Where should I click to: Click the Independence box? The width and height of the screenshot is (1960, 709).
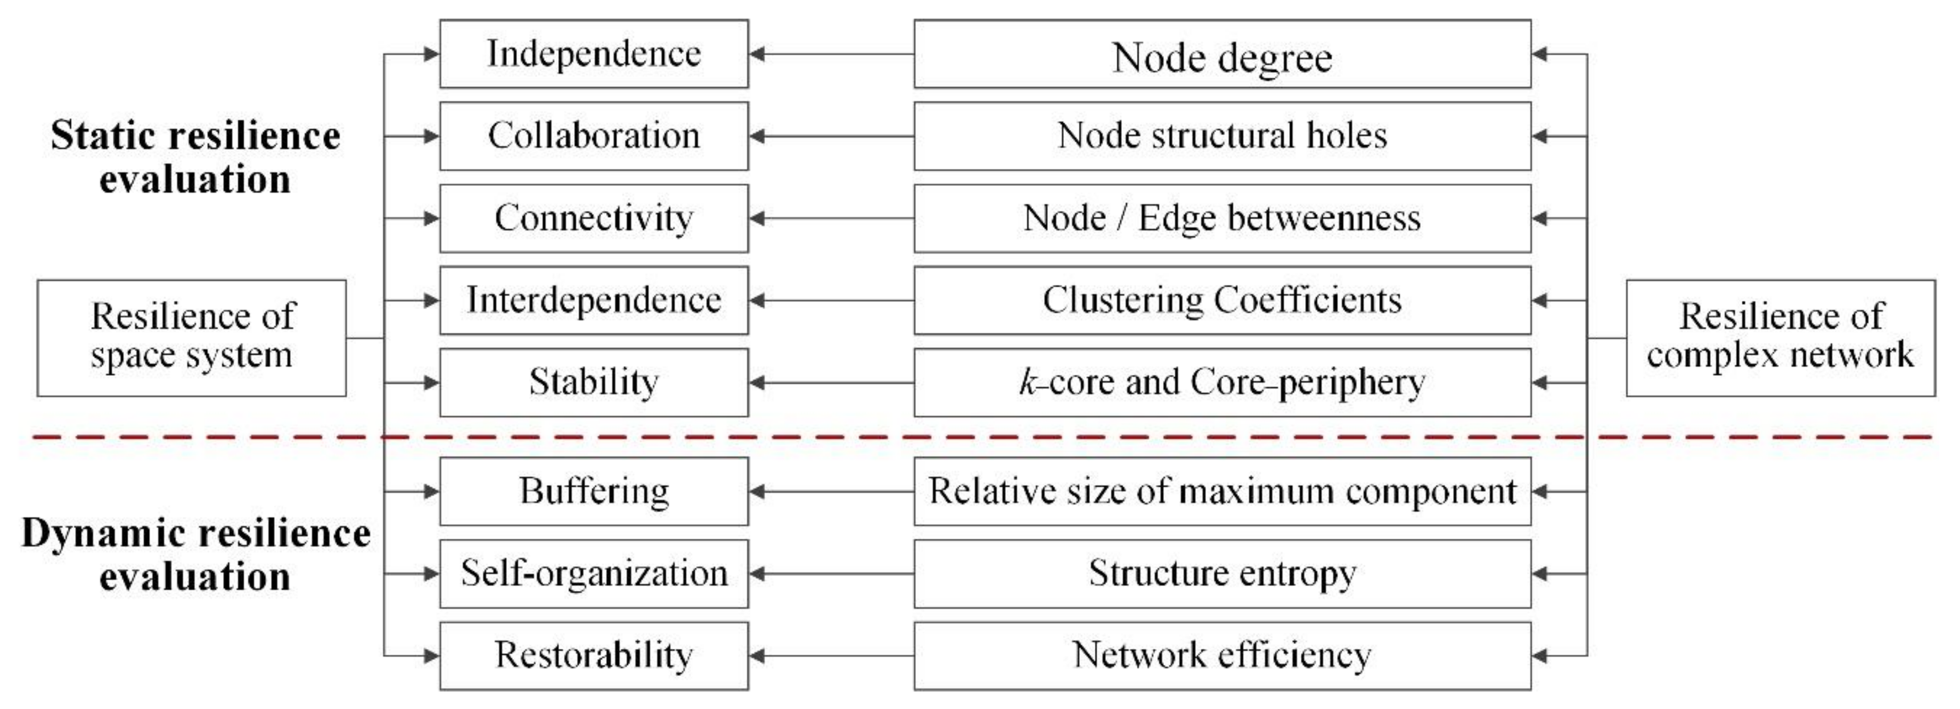594,54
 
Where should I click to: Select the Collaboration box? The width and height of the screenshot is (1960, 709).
594,136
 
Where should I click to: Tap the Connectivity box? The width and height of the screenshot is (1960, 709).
594,218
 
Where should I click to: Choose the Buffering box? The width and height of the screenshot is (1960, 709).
594,491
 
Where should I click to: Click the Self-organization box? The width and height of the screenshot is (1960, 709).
594,574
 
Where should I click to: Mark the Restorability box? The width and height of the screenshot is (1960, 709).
594,656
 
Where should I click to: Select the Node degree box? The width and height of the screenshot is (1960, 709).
1222,54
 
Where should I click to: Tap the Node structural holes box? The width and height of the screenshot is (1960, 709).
1222,136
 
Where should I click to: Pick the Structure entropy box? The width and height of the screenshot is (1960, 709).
1222,574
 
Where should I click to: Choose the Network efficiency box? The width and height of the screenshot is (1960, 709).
1222,656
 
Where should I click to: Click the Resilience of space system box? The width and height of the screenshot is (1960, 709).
192,338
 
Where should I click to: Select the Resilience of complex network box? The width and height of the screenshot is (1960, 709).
1781,338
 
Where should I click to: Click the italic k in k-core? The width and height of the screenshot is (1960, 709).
1028,382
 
